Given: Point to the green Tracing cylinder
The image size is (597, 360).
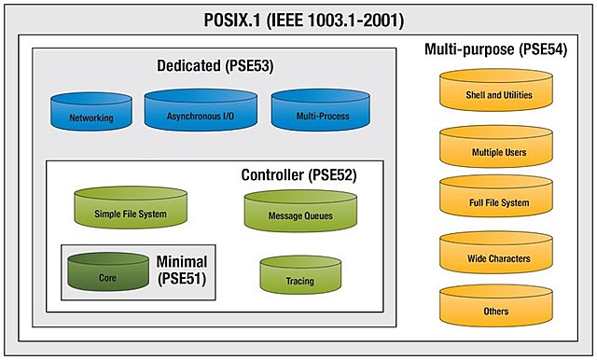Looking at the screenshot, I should pyautogui.click(x=299, y=276).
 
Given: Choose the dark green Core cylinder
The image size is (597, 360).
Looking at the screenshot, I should pyautogui.click(x=108, y=272).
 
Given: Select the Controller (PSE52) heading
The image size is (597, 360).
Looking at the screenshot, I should pyautogui.click(x=298, y=174).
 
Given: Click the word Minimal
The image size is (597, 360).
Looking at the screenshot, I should pyautogui.click(x=182, y=261).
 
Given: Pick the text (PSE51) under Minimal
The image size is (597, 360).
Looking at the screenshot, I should pyautogui.click(x=183, y=280).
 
